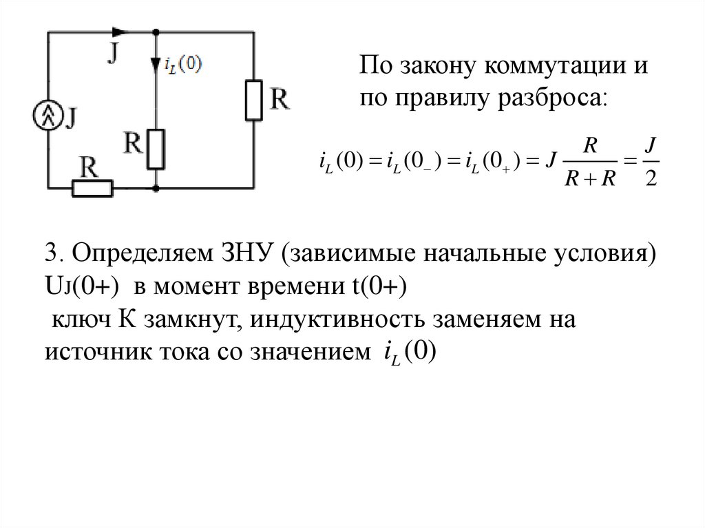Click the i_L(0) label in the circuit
point(184,64)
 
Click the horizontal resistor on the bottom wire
point(91,187)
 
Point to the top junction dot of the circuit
point(157,32)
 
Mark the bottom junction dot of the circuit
point(157,187)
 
